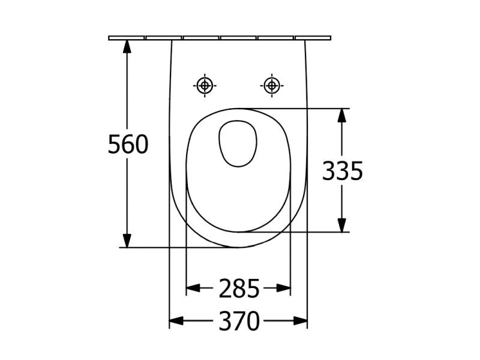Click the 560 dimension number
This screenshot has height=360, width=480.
[128, 144]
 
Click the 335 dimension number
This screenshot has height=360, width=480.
[342, 171]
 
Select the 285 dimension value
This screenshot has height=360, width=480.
[239, 289]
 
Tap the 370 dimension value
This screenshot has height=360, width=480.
[239, 321]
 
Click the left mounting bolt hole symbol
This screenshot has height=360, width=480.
[205, 85]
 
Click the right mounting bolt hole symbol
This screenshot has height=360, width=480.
[272, 85]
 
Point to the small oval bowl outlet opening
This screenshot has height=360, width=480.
[238, 143]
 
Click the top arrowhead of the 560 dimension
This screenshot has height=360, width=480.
[127, 46]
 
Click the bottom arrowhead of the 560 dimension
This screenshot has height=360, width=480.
[127, 241]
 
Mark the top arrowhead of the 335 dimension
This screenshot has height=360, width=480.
[342, 115]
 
